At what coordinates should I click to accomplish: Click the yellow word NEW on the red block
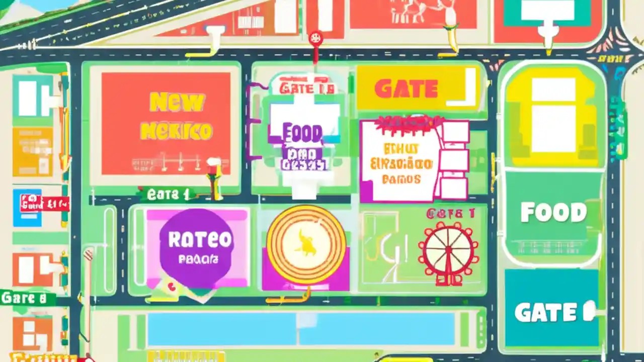pyautogui.click(x=178, y=103)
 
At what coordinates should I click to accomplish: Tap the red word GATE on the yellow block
pyautogui.click(x=406, y=89)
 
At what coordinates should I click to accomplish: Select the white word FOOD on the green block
pyautogui.click(x=553, y=213)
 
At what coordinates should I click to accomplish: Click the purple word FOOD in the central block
pyautogui.click(x=302, y=134)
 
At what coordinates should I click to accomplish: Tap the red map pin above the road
pyautogui.click(x=315, y=39)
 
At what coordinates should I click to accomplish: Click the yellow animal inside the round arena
pyautogui.click(x=306, y=243)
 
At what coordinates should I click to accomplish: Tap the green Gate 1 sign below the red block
pyautogui.click(x=169, y=195)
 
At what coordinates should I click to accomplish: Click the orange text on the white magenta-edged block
pyautogui.click(x=408, y=164)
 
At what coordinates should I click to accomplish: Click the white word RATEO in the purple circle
pyautogui.click(x=200, y=240)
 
